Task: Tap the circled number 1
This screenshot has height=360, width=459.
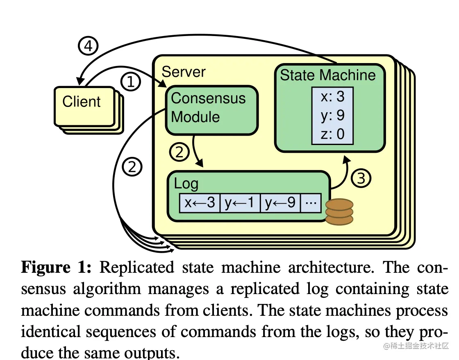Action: [x=131, y=82]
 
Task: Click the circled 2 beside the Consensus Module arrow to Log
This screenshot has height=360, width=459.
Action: [x=180, y=153]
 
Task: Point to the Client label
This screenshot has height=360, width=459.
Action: [x=81, y=102]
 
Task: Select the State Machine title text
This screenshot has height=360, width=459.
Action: [x=327, y=75]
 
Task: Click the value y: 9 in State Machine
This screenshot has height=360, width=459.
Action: [x=332, y=115]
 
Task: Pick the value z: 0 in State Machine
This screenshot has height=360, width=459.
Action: [x=332, y=134]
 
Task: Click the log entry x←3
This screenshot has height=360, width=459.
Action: [x=200, y=203]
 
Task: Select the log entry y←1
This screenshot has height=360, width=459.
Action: [x=240, y=203]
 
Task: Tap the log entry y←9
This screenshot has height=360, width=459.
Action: [x=280, y=203]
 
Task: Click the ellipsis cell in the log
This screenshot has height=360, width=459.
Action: [x=311, y=203]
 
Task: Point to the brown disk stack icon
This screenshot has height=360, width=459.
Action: [x=339, y=211]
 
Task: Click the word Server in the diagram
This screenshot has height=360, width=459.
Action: [x=184, y=72]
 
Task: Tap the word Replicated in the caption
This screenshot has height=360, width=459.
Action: [x=136, y=268]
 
